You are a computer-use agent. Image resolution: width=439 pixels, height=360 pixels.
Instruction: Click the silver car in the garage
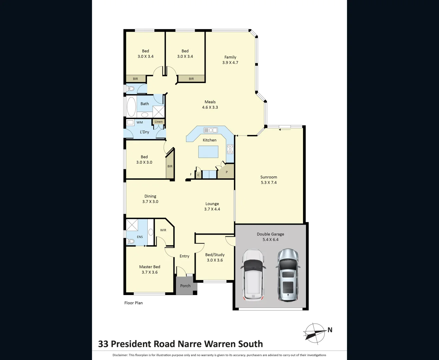pos(288,275)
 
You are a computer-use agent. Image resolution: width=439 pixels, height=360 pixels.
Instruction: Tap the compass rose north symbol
pos(315,333)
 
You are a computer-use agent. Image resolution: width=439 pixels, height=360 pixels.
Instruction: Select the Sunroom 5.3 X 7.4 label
pos(269,180)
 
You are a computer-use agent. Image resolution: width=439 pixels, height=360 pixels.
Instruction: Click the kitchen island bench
pos(208,152)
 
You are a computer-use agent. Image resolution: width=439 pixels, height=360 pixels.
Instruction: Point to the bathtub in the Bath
pos(131,107)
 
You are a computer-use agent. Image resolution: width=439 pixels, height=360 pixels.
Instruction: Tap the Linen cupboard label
pos(159,122)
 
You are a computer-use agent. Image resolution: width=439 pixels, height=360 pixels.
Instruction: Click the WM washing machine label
pos(140,122)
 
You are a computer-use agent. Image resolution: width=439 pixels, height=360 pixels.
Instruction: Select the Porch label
pos(185,286)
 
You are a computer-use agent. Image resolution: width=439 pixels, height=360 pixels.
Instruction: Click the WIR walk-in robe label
pos(163,230)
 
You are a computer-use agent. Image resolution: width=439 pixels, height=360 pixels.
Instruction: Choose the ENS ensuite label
pos(140,237)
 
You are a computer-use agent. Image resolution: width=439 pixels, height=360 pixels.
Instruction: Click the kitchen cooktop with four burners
pos(230,149)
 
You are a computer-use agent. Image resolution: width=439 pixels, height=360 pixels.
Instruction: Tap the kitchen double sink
pos(211,130)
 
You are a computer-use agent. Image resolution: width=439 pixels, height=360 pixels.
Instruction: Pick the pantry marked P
pos(226,172)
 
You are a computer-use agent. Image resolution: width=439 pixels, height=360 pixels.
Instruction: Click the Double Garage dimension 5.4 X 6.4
pos(270,239)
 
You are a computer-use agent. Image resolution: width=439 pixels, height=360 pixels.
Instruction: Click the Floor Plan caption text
pos(133,303)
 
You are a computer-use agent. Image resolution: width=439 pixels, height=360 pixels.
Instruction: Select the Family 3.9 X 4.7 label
pos(230,60)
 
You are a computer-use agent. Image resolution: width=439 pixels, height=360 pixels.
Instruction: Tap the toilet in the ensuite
pos(130,241)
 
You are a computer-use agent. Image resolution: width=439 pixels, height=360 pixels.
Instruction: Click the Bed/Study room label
pos(215,255)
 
